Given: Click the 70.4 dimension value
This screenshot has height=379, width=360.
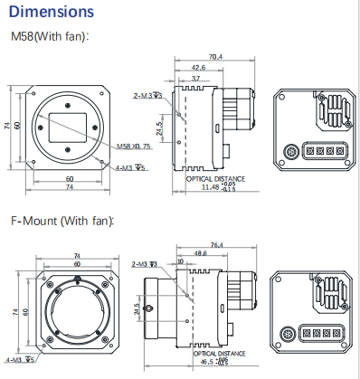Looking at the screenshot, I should coord(215,57).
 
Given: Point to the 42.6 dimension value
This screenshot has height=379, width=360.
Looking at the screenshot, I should coord(198,68).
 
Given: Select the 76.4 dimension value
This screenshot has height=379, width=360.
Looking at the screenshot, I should coord(216,244).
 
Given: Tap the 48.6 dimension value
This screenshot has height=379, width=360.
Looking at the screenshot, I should coord(200,254).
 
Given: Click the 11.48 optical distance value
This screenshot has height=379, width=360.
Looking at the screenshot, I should coord(210,187).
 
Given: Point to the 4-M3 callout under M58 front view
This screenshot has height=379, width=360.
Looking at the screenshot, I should coord(129,168).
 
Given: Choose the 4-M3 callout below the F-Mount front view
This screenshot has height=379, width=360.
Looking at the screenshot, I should coord(21,359).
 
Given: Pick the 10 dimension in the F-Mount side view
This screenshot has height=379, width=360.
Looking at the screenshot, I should coord(180,261).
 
